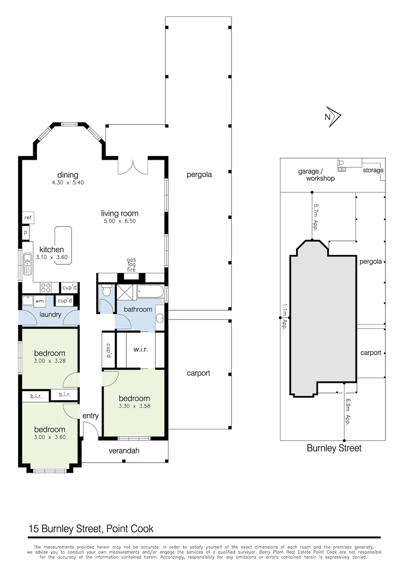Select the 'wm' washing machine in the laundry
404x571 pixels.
[39, 301]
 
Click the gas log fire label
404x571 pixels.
[131, 265]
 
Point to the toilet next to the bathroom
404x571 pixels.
[106, 291]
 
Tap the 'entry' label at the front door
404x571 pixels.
[90, 416]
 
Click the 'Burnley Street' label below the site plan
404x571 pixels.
[334, 448]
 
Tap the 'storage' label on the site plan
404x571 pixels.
[373, 170]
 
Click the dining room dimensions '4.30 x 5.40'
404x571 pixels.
[68, 182]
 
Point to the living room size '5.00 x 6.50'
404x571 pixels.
[120, 221]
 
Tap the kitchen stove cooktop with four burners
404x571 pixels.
[46, 288]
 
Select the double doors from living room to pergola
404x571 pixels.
[132, 165]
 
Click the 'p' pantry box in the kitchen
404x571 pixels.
[25, 232]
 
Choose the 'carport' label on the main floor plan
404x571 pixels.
[198, 373]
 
